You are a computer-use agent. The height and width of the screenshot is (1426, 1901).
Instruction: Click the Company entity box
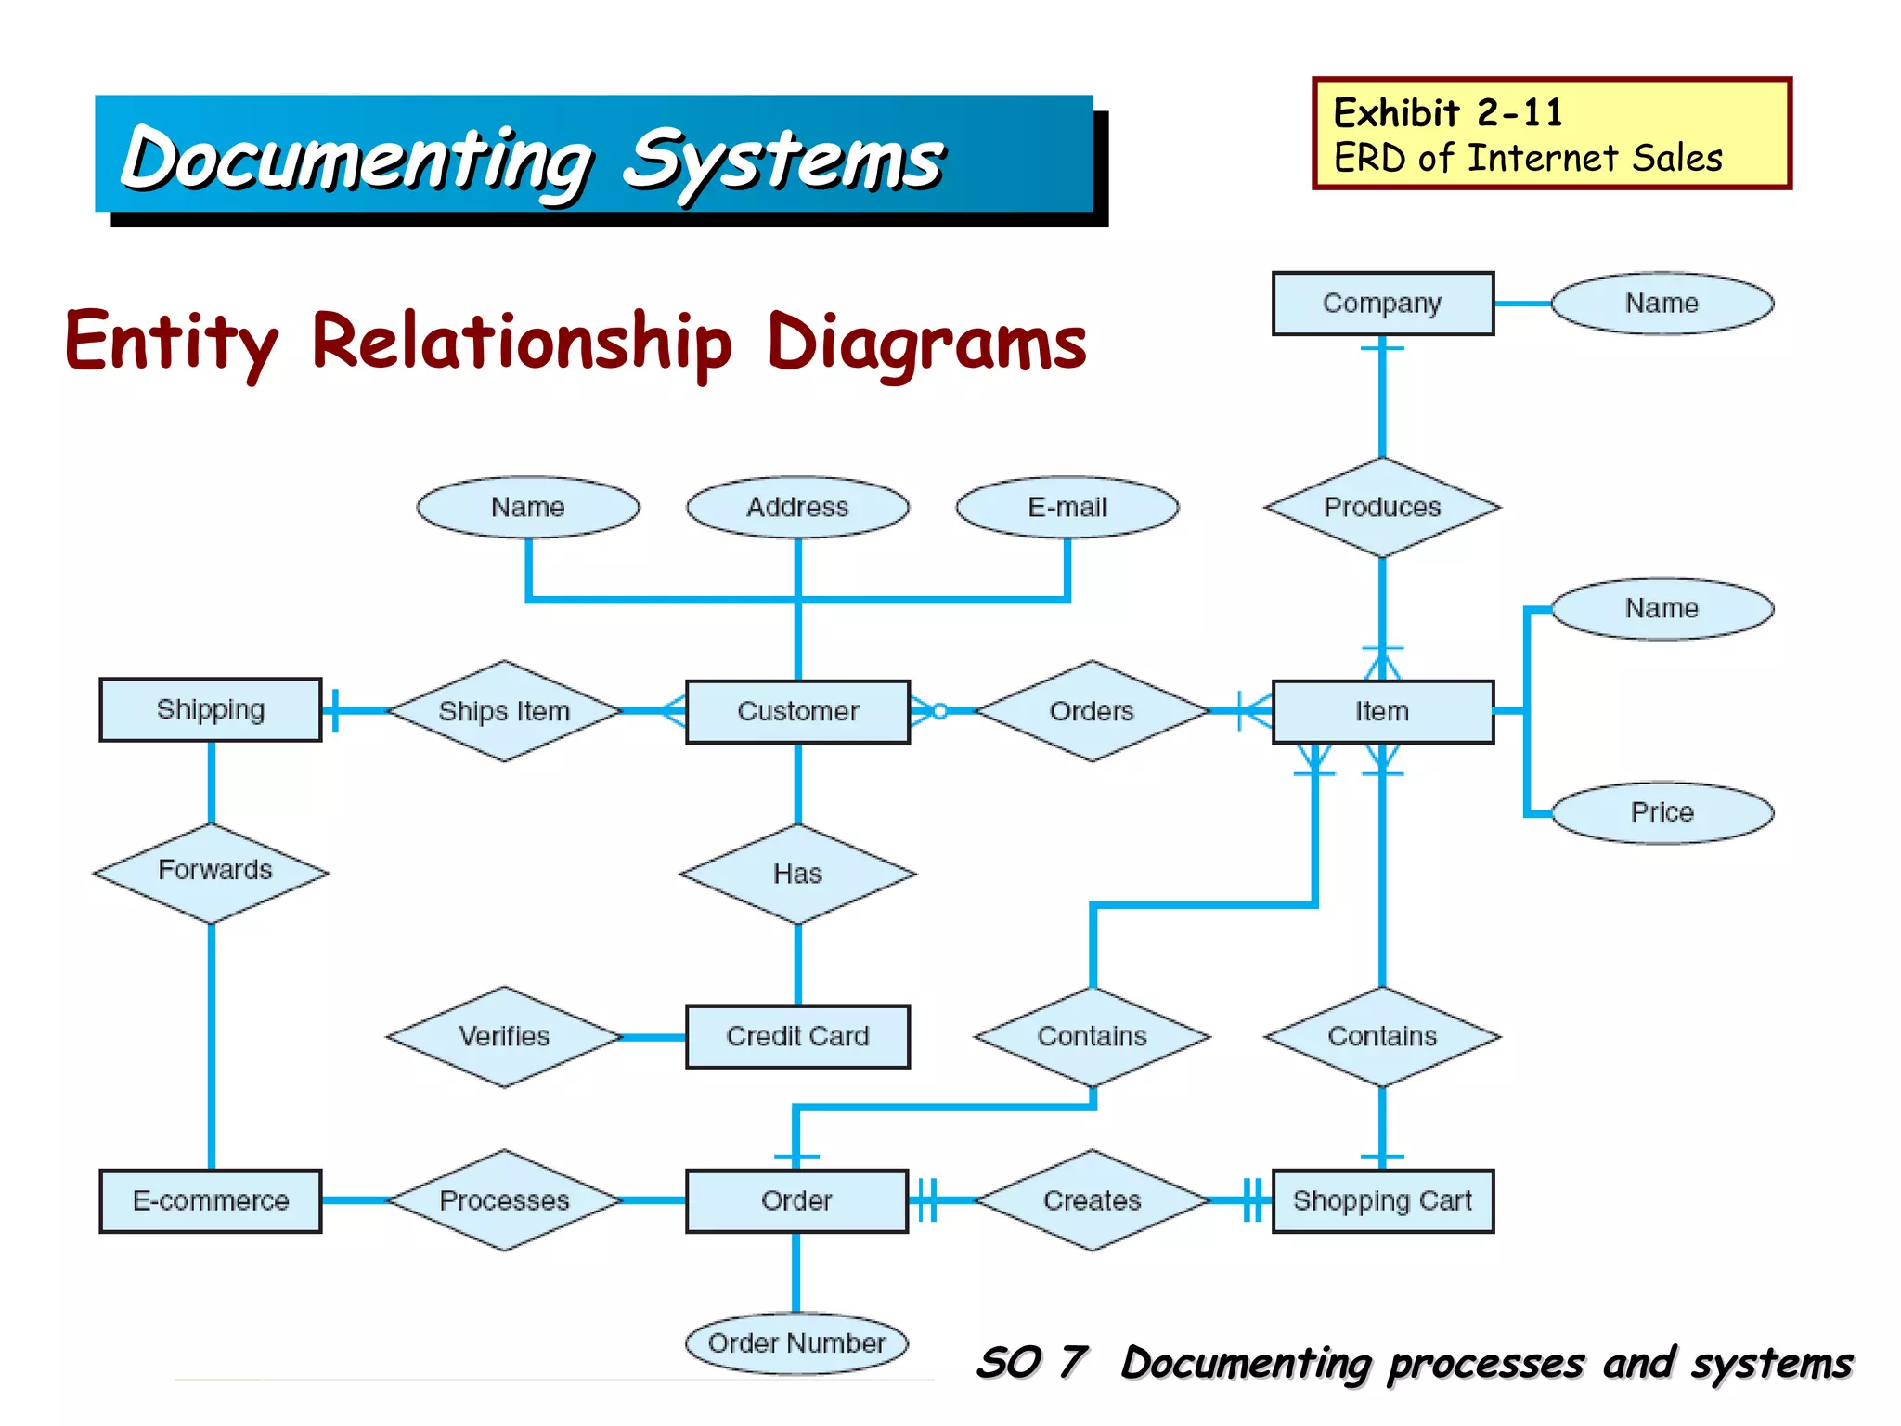(1382, 304)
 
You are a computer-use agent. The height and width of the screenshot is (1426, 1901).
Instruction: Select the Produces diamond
(1382, 507)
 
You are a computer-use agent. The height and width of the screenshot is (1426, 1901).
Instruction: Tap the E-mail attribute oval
(1067, 507)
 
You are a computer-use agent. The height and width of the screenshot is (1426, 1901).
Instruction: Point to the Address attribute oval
(797, 507)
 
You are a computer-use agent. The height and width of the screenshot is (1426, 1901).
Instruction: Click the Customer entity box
(797, 712)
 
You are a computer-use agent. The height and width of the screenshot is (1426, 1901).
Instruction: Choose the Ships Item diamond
(504, 711)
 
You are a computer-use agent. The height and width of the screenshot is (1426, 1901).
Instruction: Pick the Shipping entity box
(211, 710)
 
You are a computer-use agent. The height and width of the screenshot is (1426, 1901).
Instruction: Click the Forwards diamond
(212, 872)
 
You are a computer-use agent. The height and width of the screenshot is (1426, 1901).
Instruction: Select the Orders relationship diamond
(1092, 711)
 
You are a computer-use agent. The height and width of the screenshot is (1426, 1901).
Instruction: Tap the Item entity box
(1382, 712)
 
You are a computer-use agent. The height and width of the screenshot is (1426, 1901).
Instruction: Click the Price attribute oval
(1662, 812)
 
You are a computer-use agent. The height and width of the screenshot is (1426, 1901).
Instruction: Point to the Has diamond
(797, 874)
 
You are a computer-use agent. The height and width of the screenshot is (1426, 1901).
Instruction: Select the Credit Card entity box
(797, 1036)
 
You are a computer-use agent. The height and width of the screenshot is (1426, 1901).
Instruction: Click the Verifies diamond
(504, 1036)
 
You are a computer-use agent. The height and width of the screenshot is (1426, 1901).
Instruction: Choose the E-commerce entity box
(211, 1201)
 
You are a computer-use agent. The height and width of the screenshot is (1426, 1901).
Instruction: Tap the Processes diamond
(504, 1200)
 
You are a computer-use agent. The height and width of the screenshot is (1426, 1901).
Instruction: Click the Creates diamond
(1092, 1200)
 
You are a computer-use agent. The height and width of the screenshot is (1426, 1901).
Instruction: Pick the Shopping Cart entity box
(1382, 1201)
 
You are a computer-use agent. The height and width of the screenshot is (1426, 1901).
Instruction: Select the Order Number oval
(796, 1343)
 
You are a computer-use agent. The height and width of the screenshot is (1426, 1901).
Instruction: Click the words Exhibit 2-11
(1448, 113)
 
